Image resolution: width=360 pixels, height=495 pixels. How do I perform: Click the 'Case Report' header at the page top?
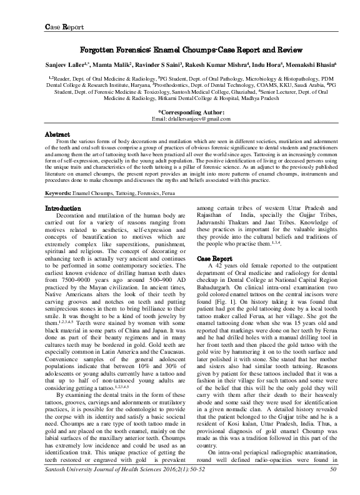pyautogui.click(x=64, y=27)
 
